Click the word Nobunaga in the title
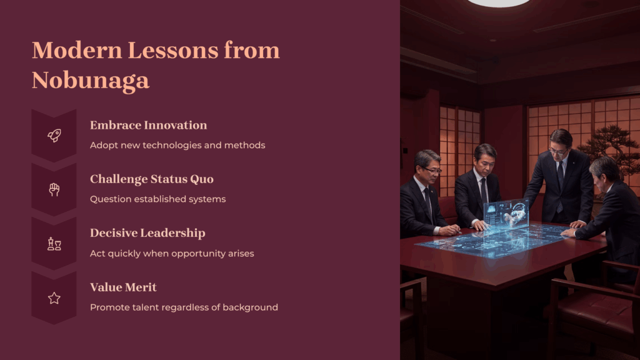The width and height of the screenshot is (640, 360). pyautogui.click(x=91, y=80)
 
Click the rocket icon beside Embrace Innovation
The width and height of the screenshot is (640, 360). pyautogui.click(x=54, y=135)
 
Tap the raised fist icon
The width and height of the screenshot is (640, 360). pyautogui.click(x=54, y=189)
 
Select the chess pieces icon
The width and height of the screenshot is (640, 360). pyautogui.click(x=54, y=244)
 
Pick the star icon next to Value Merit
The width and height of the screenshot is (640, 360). pyautogui.click(x=54, y=298)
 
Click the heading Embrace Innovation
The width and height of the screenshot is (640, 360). pyautogui.click(x=148, y=125)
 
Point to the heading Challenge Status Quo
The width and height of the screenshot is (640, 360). pyautogui.click(x=151, y=179)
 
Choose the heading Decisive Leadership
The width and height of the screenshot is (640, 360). pyautogui.click(x=147, y=233)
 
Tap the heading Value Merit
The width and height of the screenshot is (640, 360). pyautogui.click(x=123, y=287)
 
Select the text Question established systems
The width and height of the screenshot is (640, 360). pyautogui.click(x=157, y=199)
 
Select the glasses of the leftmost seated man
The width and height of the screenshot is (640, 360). pyautogui.click(x=432, y=170)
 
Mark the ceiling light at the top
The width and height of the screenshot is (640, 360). pyautogui.click(x=498, y=3)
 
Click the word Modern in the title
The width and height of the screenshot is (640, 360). pyautogui.click(x=77, y=50)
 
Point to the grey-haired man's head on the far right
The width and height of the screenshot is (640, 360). pyautogui.click(x=605, y=174)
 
